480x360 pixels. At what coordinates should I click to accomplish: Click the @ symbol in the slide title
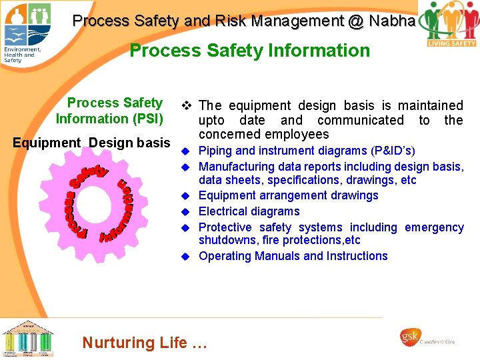(x=355, y=21)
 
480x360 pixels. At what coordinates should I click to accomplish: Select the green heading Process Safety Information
(x=249, y=51)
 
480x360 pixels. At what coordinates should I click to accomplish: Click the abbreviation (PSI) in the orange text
(x=143, y=119)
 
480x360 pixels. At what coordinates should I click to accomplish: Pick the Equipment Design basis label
(x=92, y=143)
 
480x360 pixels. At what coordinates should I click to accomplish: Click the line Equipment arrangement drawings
(x=288, y=195)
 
